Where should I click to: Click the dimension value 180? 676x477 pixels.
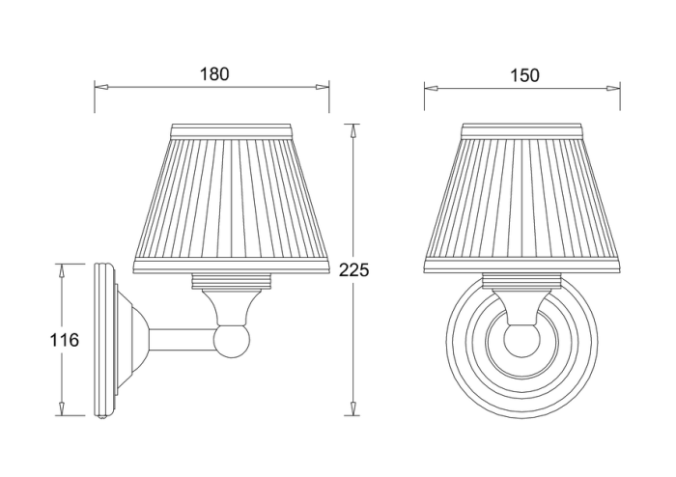coord(215,74)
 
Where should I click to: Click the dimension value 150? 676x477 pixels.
coord(521,74)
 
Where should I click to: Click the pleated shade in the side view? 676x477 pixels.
coord(231,198)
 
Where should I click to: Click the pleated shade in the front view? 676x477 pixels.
coord(522,198)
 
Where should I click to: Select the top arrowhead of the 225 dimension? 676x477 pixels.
coord(354,128)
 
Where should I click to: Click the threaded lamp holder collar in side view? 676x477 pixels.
coord(231,283)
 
